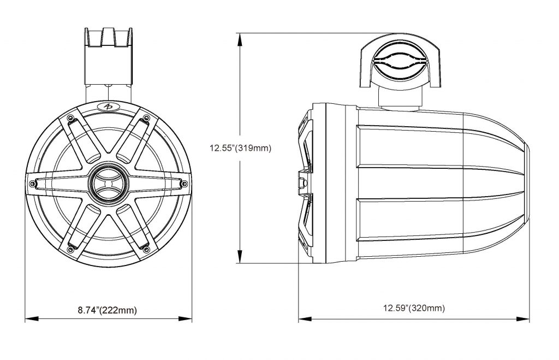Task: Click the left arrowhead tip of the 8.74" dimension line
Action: tap(25, 318)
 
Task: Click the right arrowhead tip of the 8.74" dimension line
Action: tap(192, 318)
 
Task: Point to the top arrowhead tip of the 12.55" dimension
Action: tap(240, 33)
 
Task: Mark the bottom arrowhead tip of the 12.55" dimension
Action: tap(240, 263)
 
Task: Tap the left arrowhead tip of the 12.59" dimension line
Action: tap(299, 318)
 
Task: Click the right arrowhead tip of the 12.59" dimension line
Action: tap(529, 318)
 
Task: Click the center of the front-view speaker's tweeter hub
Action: tap(109, 182)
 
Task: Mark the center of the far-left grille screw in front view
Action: tap(33, 183)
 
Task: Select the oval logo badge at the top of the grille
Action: tap(109, 106)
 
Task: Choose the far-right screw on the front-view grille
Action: tap(184, 184)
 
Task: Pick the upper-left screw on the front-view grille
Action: tap(70, 118)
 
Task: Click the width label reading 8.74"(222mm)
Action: tap(108, 310)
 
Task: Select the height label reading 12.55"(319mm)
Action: tap(240, 148)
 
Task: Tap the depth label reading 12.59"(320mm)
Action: tap(414, 308)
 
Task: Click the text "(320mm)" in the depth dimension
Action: tap(427, 308)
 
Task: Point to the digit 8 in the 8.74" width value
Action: tap(80, 310)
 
